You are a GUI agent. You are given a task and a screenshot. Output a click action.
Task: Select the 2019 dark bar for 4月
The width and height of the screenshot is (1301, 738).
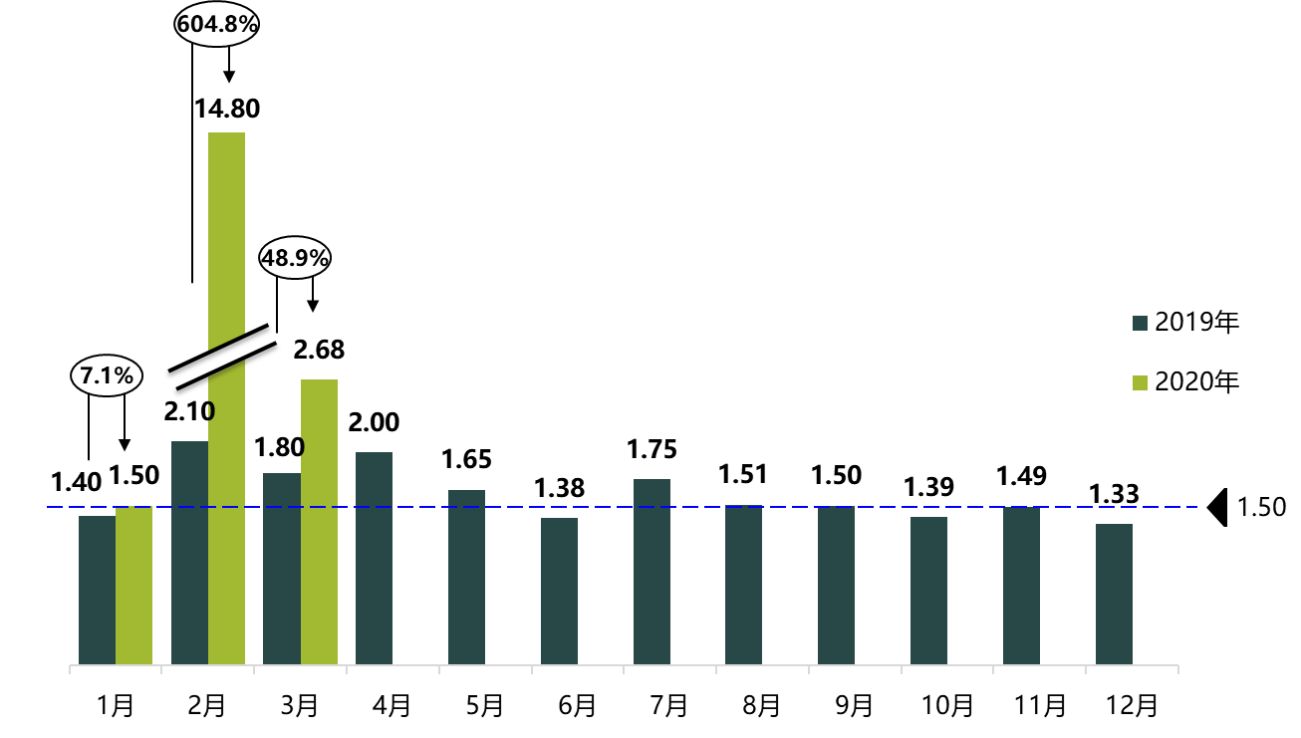374,558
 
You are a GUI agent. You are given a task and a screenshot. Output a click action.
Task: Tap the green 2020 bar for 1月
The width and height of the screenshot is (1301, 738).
133,586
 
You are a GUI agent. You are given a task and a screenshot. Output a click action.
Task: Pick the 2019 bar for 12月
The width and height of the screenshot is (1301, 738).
1114,594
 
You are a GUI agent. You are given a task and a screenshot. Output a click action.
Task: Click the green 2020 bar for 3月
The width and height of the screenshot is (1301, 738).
319,521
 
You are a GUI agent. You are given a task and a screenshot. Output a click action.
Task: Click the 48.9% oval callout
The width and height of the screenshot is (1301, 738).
295,257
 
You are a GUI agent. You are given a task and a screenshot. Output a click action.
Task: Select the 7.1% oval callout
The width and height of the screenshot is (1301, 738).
107,376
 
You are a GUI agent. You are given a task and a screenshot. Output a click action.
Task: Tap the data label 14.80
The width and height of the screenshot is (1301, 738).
227,108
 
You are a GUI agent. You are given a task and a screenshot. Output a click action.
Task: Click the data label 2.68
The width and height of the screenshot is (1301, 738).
318,350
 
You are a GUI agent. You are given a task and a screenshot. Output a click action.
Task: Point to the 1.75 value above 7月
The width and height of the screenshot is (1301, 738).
651,449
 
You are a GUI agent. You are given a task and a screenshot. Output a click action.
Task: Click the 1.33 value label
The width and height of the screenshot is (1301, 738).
1114,495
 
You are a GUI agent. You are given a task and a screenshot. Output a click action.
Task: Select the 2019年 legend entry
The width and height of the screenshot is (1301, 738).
1185,322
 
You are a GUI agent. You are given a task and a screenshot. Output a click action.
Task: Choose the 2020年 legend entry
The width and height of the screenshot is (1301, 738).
1185,381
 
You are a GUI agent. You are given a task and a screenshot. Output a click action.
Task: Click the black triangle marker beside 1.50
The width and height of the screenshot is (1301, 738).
1217,507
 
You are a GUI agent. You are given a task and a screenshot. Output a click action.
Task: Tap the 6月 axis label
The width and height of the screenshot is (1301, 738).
577,706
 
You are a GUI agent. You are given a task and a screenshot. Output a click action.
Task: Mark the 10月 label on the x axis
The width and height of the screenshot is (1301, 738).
947,706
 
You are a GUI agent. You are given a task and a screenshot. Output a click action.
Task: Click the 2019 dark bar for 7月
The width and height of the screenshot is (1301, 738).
651,572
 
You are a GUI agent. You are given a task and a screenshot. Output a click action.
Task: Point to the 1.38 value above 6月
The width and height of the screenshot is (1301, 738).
559,488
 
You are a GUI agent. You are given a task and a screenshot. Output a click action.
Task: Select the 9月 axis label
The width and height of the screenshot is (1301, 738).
855,706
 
